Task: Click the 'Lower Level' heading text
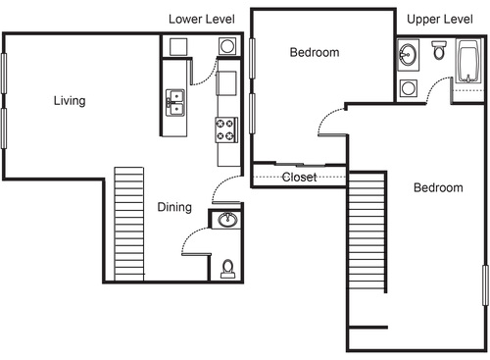pyautogui.click(x=202, y=19)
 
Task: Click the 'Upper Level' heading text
pyautogui.click(x=440, y=19)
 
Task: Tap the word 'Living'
pyautogui.click(x=69, y=100)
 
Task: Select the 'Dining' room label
pyautogui.click(x=174, y=207)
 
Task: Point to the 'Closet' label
pyautogui.click(x=298, y=178)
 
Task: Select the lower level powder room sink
pyautogui.click(x=226, y=220)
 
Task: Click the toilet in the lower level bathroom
pyautogui.click(x=227, y=266)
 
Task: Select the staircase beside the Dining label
pyautogui.click(x=129, y=223)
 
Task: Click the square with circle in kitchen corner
pyautogui.click(x=227, y=46)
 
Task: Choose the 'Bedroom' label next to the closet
pyautogui.click(x=314, y=53)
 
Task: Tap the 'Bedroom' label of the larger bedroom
pyautogui.click(x=437, y=187)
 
